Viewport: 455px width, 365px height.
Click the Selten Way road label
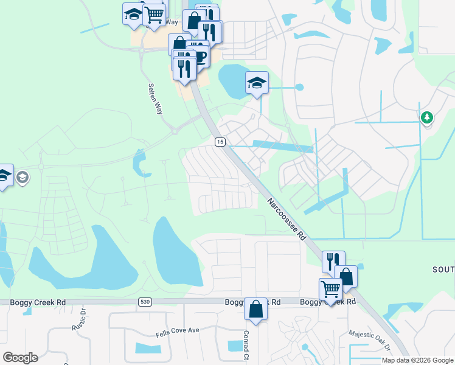click(156, 99)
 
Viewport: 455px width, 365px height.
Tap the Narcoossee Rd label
click(285, 217)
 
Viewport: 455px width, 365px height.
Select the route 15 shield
click(220, 142)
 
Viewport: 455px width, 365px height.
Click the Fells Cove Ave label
click(177, 330)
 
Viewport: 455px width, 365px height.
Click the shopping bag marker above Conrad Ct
click(255, 308)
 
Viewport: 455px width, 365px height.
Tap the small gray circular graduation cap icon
click(23, 178)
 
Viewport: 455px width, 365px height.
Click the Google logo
click(20, 357)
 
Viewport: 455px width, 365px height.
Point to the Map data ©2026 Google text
click(418, 360)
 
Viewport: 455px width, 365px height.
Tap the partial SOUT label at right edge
click(443, 269)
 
